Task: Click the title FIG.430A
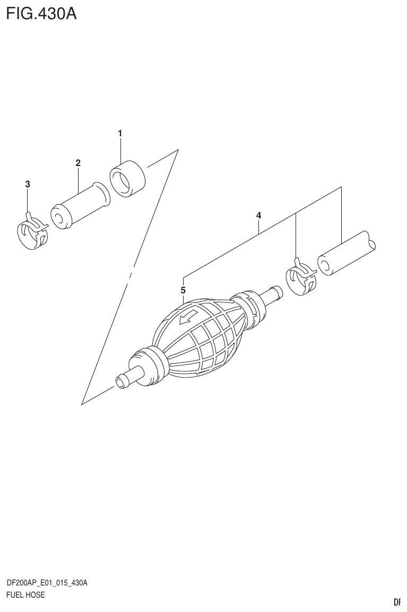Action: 41,13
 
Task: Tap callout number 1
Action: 120,133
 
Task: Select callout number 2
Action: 78,163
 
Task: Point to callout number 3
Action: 28,184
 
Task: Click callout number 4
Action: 258,215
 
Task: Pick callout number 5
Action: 183,290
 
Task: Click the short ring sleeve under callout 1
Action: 128,179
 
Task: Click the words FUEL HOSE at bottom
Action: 25,594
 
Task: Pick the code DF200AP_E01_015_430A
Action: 47,583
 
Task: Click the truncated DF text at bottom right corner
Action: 396,602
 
